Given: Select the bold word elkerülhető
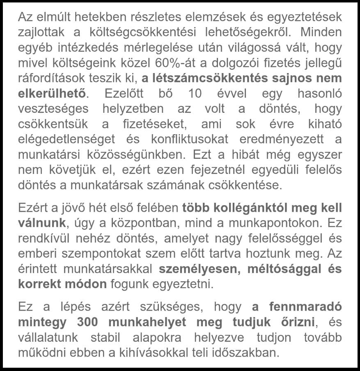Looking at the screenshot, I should tap(52, 93).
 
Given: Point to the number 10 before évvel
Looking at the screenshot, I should tap(196, 93).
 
